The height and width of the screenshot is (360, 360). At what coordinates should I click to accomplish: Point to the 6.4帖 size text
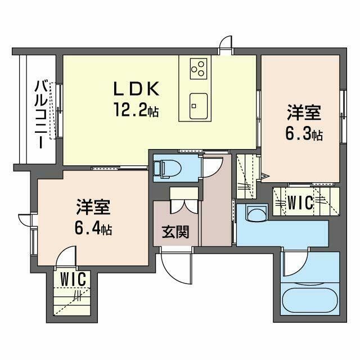tap(92, 228)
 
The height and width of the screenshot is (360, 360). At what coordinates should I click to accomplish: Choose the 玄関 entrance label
tap(175, 231)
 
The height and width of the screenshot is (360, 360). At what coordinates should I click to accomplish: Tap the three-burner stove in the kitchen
tap(198, 68)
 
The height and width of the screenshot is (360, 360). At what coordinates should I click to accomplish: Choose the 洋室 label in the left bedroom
tap(92, 208)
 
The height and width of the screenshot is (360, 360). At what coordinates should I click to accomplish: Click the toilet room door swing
tap(214, 166)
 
